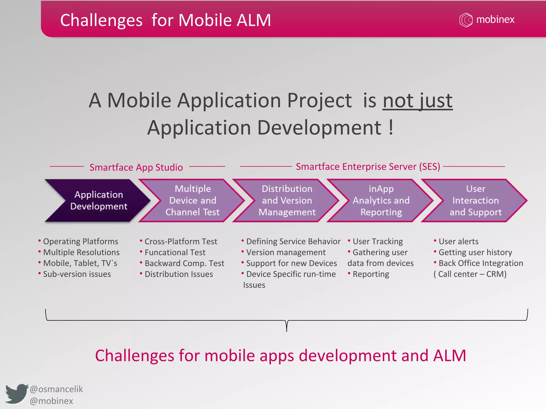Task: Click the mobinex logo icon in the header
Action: click(466, 20)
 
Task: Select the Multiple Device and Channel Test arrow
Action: click(192, 201)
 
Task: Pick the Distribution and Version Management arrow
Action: click(287, 201)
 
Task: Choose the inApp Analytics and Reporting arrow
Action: click(381, 201)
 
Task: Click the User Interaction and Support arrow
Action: click(475, 201)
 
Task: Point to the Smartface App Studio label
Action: click(136, 167)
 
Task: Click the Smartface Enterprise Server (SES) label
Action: click(368, 167)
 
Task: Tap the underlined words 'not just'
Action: click(417, 101)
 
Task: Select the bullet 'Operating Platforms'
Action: click(81, 241)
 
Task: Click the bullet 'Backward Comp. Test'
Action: click(184, 263)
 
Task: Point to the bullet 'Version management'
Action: click(286, 252)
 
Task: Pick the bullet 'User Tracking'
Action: click(378, 241)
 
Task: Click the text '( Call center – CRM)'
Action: click(470, 274)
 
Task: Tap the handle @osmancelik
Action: click(56, 389)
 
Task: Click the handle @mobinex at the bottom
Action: click(51, 401)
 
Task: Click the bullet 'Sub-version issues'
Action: click(77, 274)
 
